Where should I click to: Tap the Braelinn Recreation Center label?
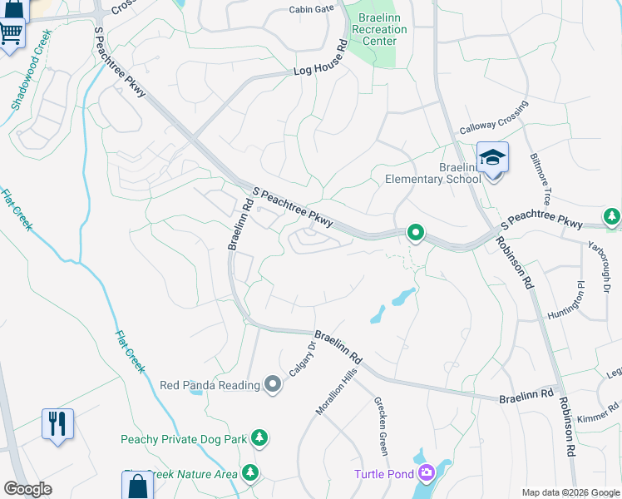[x=379, y=30]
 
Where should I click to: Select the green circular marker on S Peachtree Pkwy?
[x=415, y=234]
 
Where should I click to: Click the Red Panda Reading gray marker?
[x=272, y=384]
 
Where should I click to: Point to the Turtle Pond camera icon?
[x=427, y=473]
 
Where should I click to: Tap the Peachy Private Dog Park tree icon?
[x=260, y=437]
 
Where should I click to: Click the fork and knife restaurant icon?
[x=57, y=423]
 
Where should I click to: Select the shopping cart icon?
[x=11, y=33]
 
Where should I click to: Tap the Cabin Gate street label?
[x=311, y=9]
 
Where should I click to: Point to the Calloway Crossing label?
[x=494, y=118]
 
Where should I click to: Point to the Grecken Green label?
[x=380, y=425]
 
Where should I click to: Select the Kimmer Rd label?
[x=598, y=408]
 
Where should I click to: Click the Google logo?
[x=28, y=489]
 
